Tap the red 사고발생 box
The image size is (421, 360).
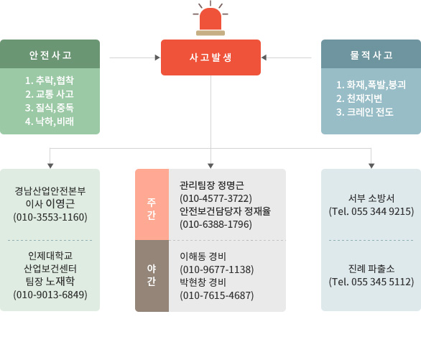click(x=210, y=57)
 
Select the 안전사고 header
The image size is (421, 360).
click(x=50, y=54)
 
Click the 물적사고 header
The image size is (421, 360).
click(x=371, y=54)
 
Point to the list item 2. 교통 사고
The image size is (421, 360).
click(x=50, y=94)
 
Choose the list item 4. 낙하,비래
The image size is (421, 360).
click(x=50, y=121)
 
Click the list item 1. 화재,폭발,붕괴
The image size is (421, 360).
click(x=371, y=85)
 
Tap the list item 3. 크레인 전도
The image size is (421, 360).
click(x=365, y=112)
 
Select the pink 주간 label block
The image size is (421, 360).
click(x=152, y=205)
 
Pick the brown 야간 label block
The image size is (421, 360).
click(x=152, y=276)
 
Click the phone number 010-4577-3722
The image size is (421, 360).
click(x=216, y=198)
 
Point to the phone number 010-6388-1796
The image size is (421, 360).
click(x=216, y=224)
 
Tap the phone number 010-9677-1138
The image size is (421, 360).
click(x=217, y=269)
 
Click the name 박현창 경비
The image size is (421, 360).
click(x=203, y=282)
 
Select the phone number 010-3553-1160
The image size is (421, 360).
click(x=50, y=217)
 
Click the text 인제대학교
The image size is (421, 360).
click(x=50, y=256)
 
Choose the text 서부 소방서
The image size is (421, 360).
click(x=371, y=198)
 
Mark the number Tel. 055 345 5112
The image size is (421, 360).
click(x=371, y=282)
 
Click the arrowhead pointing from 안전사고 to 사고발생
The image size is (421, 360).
click(x=157, y=57)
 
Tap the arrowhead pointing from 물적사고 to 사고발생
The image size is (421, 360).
click(x=264, y=57)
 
